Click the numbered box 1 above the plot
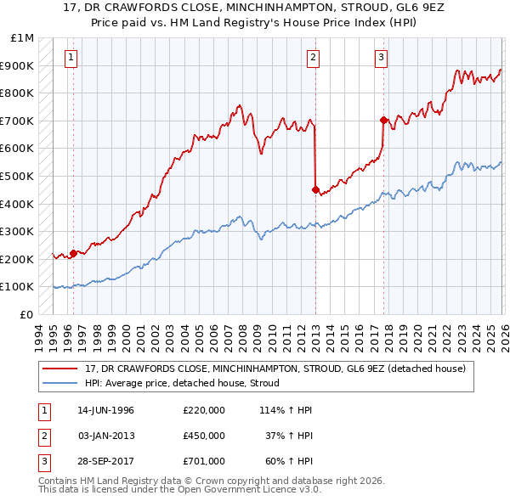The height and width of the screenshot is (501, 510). [x=70, y=58]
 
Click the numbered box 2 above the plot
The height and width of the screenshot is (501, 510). [x=314, y=58]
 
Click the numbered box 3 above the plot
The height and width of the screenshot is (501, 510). [x=381, y=58]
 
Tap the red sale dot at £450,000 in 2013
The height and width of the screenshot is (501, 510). [x=315, y=189]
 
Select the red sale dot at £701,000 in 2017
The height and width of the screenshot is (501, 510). [x=383, y=120]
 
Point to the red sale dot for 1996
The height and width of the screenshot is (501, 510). [x=73, y=252]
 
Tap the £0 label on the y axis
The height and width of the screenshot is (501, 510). [x=26, y=314]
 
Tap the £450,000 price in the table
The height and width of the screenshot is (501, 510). [x=204, y=436]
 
